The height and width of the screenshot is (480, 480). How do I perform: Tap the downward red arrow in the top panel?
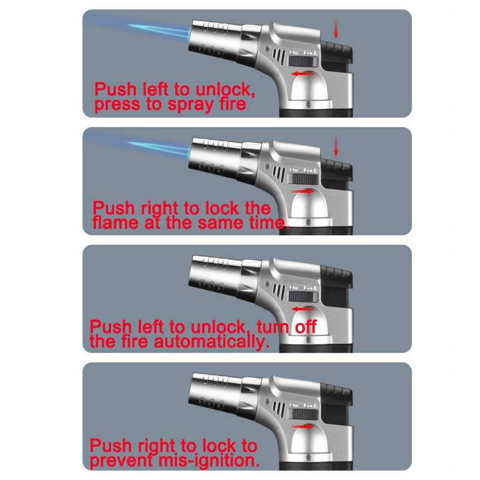[x=335, y=28]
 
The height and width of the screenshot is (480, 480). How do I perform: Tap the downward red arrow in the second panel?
[x=335, y=145]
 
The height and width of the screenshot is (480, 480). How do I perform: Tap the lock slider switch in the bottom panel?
[x=303, y=414]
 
